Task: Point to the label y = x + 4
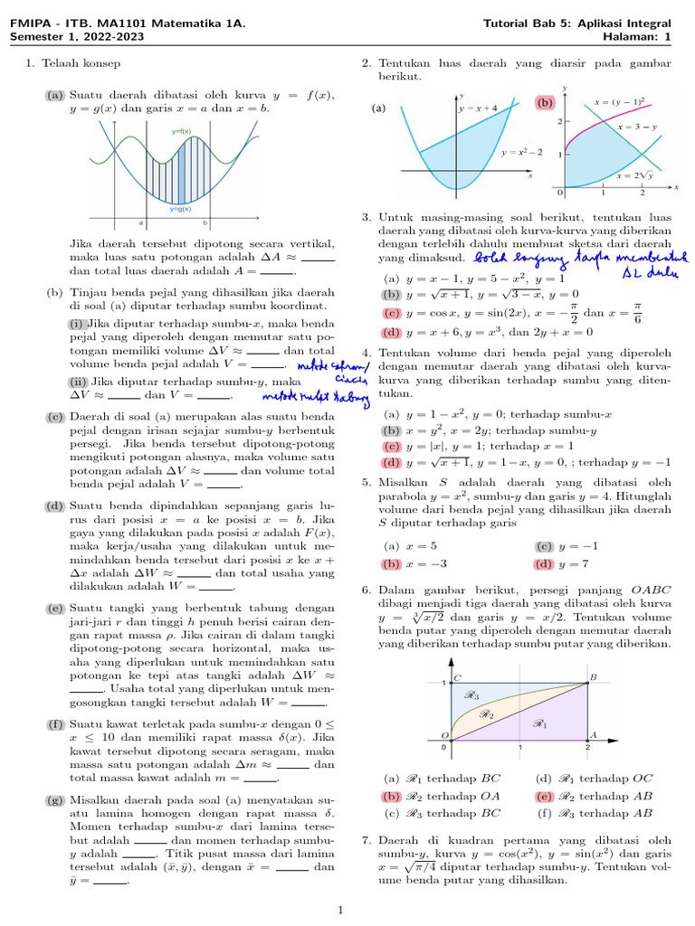479,109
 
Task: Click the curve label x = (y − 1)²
625,102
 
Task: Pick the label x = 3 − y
637,128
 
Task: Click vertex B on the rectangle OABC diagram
593,676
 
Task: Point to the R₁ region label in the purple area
541,723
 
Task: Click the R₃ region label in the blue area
471,695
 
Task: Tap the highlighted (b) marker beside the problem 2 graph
545,103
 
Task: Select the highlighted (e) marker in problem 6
544,796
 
